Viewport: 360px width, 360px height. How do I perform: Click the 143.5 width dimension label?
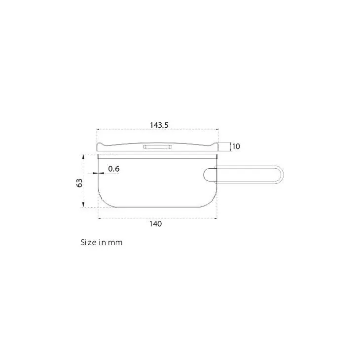click(x=159, y=125)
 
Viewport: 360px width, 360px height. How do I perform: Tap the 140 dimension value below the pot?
click(x=156, y=224)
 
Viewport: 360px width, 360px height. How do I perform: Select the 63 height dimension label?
click(x=79, y=183)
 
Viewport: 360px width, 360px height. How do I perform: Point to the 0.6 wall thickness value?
click(x=114, y=169)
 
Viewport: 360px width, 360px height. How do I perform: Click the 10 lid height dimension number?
click(x=236, y=146)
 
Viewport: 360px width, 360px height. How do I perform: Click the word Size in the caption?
click(x=88, y=243)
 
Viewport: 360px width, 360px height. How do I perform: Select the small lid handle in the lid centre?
click(x=157, y=147)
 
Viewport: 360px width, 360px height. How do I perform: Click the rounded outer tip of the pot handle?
click(x=283, y=175)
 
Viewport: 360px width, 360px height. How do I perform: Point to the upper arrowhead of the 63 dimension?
click(x=83, y=156)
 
